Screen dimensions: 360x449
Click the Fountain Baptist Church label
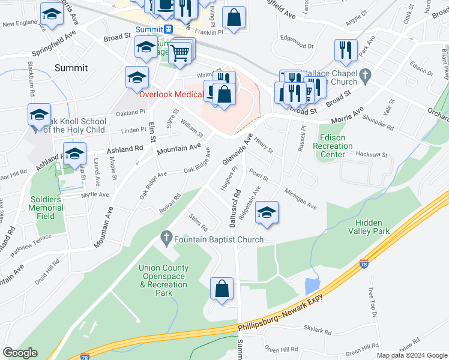click(218, 239)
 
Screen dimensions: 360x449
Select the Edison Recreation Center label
click(333, 146)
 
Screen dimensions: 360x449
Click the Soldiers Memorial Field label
click(47, 208)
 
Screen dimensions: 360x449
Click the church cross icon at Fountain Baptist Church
click(167, 239)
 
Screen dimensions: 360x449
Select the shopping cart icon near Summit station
click(180, 53)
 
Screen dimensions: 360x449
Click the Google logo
click(20, 353)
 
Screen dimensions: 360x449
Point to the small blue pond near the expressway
click(312, 286)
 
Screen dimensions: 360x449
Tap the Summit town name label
click(71, 68)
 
